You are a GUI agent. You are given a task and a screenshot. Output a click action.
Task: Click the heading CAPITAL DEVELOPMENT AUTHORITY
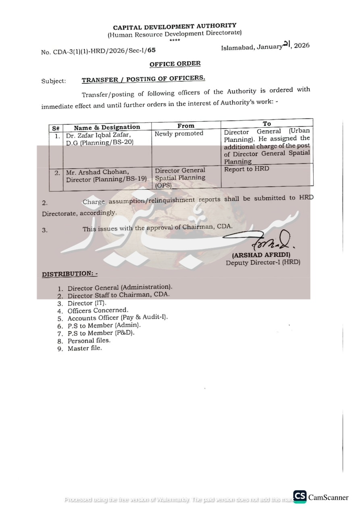175,27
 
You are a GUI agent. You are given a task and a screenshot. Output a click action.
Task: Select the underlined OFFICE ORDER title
175,64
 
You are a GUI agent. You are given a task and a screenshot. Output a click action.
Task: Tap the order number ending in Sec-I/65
98,51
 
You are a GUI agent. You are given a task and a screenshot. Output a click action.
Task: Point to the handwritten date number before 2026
287,45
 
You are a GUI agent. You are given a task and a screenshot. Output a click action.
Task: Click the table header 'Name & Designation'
107,127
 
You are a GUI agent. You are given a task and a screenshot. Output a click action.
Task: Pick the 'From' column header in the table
186,126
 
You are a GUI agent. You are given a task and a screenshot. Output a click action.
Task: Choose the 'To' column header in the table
267,123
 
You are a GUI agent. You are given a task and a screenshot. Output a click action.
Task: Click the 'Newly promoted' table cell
179,133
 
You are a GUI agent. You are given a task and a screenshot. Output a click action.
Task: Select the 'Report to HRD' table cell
246,169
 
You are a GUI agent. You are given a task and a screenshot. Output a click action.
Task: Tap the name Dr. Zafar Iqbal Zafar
98,135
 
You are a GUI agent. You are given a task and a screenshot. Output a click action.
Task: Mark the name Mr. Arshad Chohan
98,172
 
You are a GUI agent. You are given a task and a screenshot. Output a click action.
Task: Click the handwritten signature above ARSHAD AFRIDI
266,241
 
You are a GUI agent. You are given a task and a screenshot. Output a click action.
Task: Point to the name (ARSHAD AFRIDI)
261,255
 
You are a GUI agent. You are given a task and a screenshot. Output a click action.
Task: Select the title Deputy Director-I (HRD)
263,262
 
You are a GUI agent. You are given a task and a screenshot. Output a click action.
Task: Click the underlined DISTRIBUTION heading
69,274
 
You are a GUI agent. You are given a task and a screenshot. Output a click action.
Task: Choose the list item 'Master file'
85,348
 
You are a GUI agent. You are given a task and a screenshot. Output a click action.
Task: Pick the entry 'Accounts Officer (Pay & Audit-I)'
118,318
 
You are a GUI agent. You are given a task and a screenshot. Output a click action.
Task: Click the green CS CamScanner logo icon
300,497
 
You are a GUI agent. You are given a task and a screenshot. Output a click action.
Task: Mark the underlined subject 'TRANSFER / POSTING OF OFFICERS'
143,79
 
